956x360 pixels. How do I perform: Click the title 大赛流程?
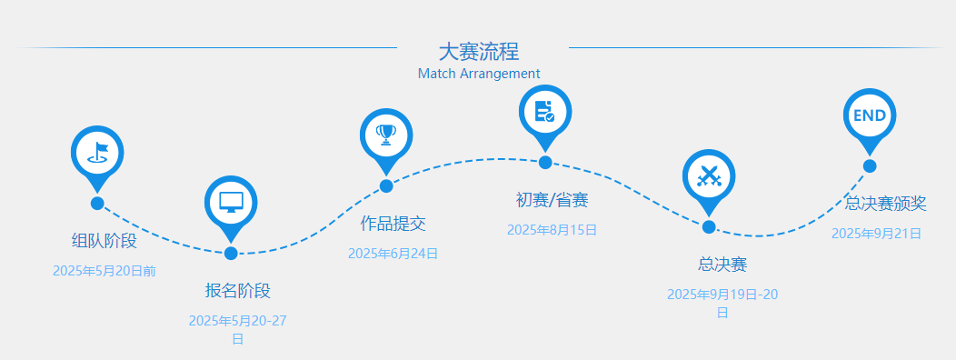click(479, 51)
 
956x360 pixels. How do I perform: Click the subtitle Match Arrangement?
click(479, 74)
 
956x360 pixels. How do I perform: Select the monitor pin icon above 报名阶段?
click(231, 203)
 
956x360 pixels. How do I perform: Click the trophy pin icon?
click(386, 135)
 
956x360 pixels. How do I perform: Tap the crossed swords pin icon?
click(709, 175)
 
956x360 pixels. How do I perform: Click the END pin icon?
click(870, 116)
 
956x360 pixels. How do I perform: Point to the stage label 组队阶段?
click(105, 241)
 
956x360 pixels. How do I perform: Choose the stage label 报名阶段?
click(238, 291)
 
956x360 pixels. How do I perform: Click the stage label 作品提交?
click(393, 223)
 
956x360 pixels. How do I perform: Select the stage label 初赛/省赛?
click(552, 200)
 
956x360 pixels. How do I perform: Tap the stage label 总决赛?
click(722, 265)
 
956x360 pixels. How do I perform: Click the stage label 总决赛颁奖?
click(886, 203)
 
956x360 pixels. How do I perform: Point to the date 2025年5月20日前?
click(105, 271)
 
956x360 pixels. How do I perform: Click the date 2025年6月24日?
click(393, 254)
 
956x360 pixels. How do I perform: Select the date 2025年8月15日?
click(552, 230)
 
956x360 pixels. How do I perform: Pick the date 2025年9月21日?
click(877, 234)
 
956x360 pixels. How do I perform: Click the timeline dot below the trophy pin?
click(386, 186)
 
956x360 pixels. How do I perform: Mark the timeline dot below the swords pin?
click(709, 227)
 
